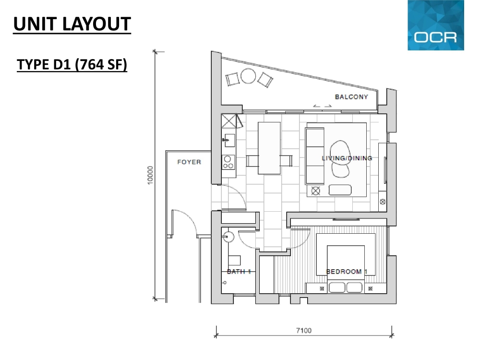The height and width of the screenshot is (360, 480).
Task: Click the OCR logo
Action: pyautogui.click(x=436, y=25)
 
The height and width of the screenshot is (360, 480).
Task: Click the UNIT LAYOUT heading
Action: pyautogui.click(x=72, y=24)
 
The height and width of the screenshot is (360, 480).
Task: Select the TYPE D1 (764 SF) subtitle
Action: pyautogui.click(x=72, y=65)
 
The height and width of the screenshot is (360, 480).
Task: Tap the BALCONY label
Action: pyautogui.click(x=351, y=97)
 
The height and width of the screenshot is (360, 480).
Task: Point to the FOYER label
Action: pyautogui.click(x=189, y=162)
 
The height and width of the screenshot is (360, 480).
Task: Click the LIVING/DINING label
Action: pyautogui.click(x=347, y=158)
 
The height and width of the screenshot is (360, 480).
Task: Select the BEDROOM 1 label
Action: pyautogui.click(x=347, y=272)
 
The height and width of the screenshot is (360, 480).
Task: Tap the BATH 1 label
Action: pyautogui.click(x=239, y=272)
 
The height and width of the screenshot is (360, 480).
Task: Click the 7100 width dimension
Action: pyautogui.click(x=304, y=331)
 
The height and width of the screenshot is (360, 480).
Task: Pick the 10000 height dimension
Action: pyautogui.click(x=150, y=175)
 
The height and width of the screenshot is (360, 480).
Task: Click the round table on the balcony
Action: pyautogui.click(x=248, y=76)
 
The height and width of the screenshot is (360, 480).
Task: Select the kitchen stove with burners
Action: pyautogui.click(x=228, y=162)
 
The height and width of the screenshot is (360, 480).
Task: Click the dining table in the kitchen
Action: pyautogui.click(x=269, y=148)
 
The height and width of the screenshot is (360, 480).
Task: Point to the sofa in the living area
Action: pyautogui.click(x=315, y=156)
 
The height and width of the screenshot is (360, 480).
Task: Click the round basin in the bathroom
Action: pyautogui.click(x=228, y=237)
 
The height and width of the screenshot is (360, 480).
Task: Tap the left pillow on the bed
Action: pyautogui.click(x=337, y=288)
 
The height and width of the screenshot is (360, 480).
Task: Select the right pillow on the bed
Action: pyautogui.click(x=355, y=288)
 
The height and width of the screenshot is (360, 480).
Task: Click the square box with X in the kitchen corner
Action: pyautogui.click(x=228, y=121)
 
